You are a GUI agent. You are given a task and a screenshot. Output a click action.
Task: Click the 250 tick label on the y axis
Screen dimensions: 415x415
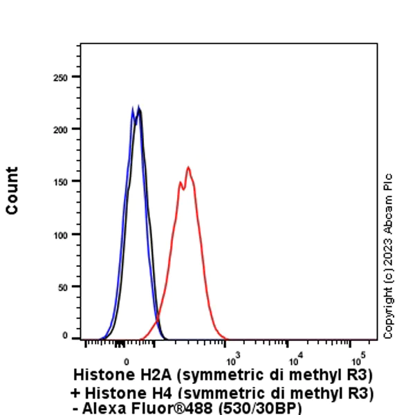click(62, 77)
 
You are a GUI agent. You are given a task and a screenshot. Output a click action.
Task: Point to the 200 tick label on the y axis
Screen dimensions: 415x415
click(62, 129)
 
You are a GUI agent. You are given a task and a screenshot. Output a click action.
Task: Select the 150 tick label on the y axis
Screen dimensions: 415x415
click(62, 182)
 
